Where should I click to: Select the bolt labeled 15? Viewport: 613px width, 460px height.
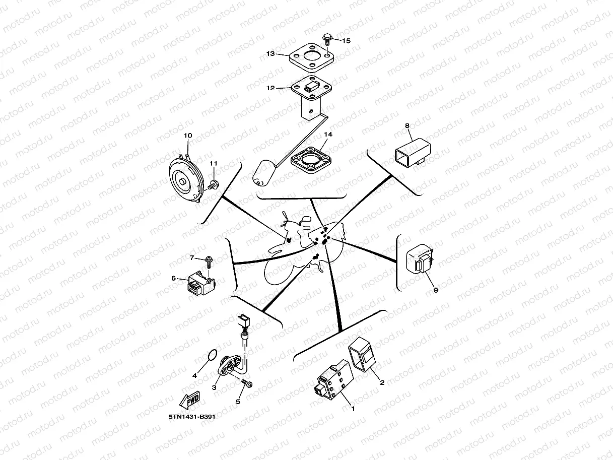pos(326,38)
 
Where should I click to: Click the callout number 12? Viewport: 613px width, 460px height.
pos(270,88)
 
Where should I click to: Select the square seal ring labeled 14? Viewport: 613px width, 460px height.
pos(310,159)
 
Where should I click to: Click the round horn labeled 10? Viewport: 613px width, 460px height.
pos(184,178)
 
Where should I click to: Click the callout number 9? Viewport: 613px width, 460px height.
pos(436,290)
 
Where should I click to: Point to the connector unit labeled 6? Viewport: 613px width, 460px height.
pos(198,284)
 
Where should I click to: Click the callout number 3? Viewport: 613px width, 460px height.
pos(214,387)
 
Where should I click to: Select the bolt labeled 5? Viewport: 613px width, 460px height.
pos(247,384)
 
